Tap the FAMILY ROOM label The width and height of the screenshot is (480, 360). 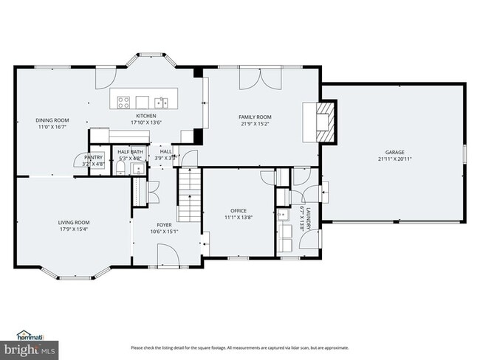click(x=255, y=117)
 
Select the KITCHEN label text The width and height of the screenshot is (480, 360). click(x=145, y=116)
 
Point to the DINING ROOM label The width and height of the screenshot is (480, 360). click(x=52, y=120)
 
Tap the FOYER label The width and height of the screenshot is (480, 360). click(x=164, y=225)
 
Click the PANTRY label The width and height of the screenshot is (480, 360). click(x=93, y=157)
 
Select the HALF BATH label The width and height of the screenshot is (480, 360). click(x=131, y=151)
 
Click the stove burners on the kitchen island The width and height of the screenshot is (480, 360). click(x=123, y=100)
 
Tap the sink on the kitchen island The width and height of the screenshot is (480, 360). click(x=160, y=101)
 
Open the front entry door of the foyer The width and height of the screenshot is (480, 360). click(x=169, y=257)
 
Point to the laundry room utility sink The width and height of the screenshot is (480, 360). click(x=284, y=215)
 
